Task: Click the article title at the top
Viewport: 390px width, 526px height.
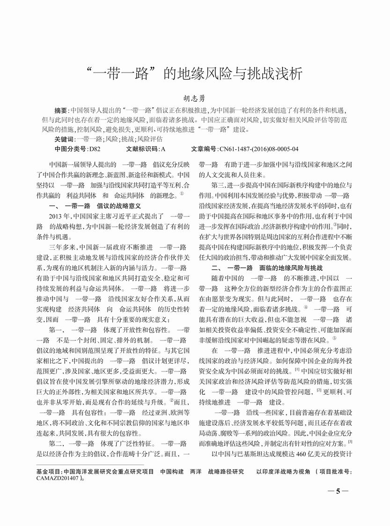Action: click(195, 74)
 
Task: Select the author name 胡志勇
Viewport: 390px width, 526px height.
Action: click(195, 99)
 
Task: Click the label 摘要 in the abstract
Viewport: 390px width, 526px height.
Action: click(61, 111)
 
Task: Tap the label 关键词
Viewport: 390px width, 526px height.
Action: click(64, 139)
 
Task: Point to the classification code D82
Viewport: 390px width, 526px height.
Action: click(95, 149)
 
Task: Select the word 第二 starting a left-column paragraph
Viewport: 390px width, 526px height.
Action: click(56, 443)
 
